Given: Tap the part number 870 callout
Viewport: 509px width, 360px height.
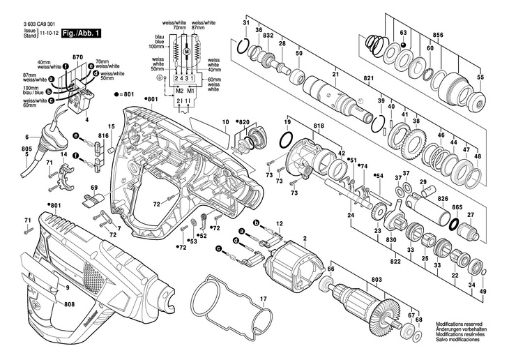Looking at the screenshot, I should [x=77, y=56].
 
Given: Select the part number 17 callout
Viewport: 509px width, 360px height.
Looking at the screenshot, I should [x=263, y=299].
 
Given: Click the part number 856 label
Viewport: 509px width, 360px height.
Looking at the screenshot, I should [x=438, y=34].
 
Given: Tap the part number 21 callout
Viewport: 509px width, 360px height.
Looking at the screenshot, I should [x=335, y=75].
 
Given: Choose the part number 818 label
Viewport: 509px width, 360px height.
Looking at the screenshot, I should [x=319, y=126].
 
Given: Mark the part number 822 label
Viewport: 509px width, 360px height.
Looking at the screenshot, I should [x=395, y=262].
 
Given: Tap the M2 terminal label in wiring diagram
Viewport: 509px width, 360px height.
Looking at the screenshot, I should [x=179, y=91].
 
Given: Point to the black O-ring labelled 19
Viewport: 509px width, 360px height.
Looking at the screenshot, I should [x=284, y=142].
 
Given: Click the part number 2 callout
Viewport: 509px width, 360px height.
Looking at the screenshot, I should [x=305, y=239].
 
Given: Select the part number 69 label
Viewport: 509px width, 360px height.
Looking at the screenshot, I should [x=93, y=188].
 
